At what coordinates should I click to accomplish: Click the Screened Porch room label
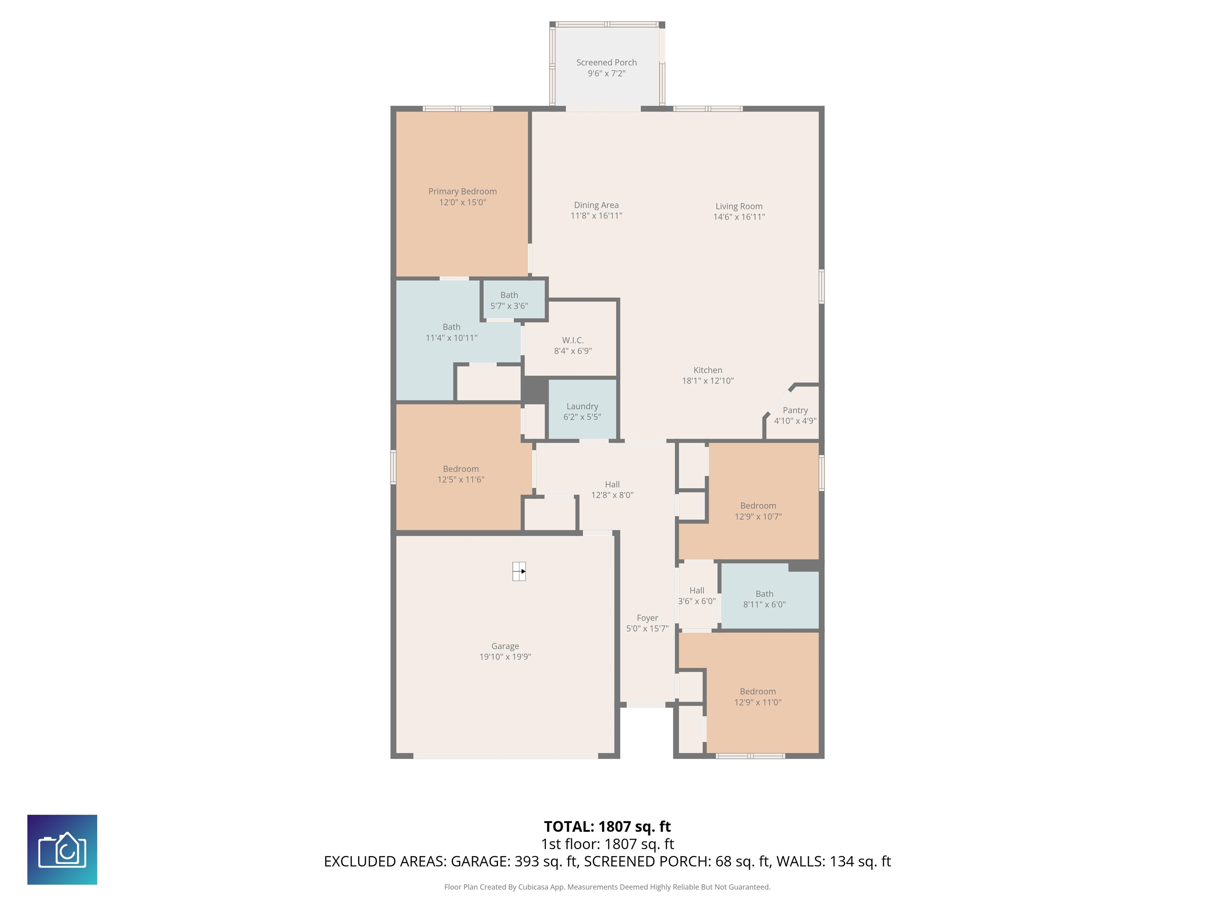606,63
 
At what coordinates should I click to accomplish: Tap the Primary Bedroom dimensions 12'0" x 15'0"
462,202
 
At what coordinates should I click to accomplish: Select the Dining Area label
596,205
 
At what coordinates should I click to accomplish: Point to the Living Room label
739,206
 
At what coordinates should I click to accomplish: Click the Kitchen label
708,370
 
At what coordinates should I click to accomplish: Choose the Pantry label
795,410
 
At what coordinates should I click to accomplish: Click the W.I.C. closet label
572,340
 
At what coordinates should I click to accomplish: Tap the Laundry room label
582,406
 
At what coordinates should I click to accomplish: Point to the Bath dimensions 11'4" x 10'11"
452,338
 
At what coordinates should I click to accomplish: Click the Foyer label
647,618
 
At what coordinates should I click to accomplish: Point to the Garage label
505,646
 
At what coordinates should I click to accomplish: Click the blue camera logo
62,850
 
